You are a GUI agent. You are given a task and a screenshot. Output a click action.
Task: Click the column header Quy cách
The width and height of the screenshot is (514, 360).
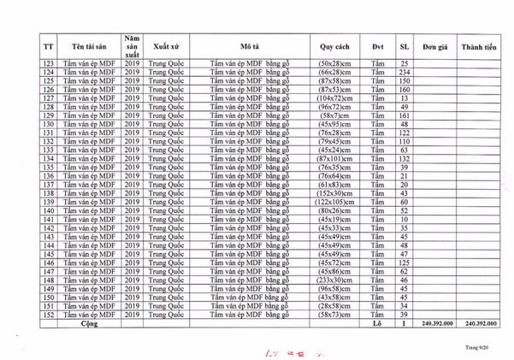[x=336, y=46]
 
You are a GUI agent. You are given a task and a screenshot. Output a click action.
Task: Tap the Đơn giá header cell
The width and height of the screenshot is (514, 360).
[x=434, y=46]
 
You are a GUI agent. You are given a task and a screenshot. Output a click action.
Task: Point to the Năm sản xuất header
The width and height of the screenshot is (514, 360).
[x=132, y=46]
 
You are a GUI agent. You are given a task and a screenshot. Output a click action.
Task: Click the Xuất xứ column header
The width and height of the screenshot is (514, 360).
[x=166, y=46]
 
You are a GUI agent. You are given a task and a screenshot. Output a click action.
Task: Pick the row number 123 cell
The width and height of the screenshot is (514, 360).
[x=48, y=64]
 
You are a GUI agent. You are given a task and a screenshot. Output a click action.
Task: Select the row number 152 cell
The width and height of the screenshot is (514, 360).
[x=48, y=316]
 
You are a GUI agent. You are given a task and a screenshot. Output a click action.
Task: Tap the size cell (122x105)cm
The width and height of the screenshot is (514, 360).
[x=335, y=203]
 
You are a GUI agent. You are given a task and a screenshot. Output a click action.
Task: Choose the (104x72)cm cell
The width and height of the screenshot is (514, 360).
[x=335, y=98]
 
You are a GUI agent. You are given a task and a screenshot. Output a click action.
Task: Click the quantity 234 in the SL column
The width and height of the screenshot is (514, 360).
[x=405, y=73]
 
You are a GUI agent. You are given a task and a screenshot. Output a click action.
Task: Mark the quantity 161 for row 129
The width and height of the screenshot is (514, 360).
[x=405, y=115]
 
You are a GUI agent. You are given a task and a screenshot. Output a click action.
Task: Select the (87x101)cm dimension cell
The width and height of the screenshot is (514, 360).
[x=335, y=159]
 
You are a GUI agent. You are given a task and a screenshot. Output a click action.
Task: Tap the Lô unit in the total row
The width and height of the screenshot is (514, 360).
[x=377, y=325]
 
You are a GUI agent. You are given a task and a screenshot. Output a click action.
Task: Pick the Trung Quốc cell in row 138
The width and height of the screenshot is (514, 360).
[x=166, y=194]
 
